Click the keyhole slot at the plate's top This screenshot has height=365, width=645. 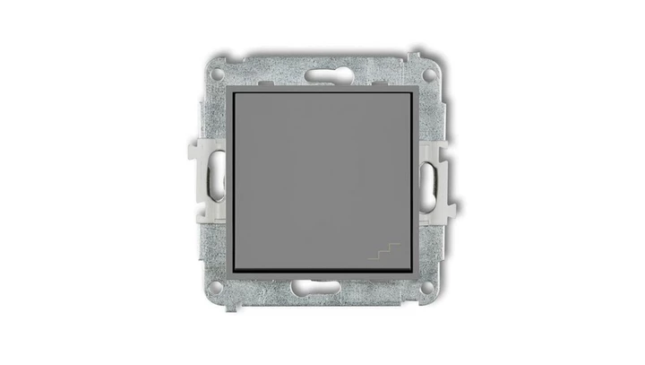[x=322, y=72]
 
